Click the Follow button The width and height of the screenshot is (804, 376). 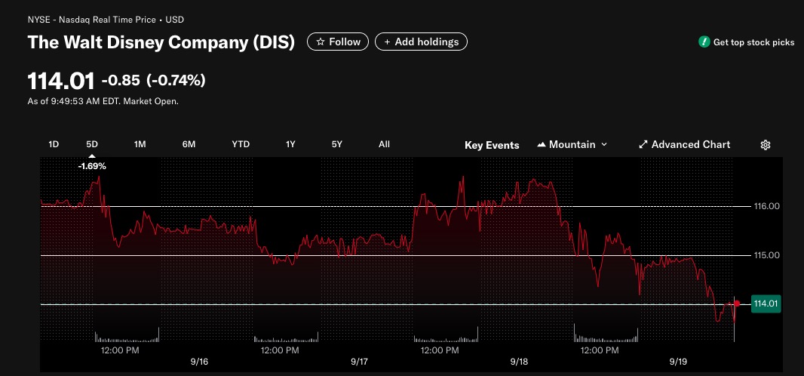(x=338, y=42)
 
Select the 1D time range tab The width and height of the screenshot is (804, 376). (x=54, y=144)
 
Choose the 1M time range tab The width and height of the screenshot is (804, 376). (x=140, y=144)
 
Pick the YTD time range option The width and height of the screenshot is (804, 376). (x=241, y=144)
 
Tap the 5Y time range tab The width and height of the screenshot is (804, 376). (x=337, y=144)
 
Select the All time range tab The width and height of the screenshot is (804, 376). (x=384, y=144)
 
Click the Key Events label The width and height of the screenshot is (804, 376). (x=492, y=145)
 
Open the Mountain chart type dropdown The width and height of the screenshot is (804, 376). (x=572, y=145)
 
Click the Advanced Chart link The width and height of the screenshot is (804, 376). (x=685, y=145)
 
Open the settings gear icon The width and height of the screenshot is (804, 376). (x=765, y=145)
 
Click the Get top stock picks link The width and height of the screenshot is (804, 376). (x=747, y=42)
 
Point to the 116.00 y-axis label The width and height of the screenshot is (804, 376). (x=766, y=206)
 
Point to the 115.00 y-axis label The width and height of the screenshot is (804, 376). (x=766, y=255)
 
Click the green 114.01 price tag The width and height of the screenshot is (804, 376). (x=766, y=304)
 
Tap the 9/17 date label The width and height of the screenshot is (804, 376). (x=360, y=362)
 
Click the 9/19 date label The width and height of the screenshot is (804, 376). (x=678, y=362)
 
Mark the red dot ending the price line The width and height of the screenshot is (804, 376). (x=737, y=304)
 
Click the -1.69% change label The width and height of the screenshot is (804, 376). (x=92, y=166)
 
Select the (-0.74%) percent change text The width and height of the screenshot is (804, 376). (x=176, y=80)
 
